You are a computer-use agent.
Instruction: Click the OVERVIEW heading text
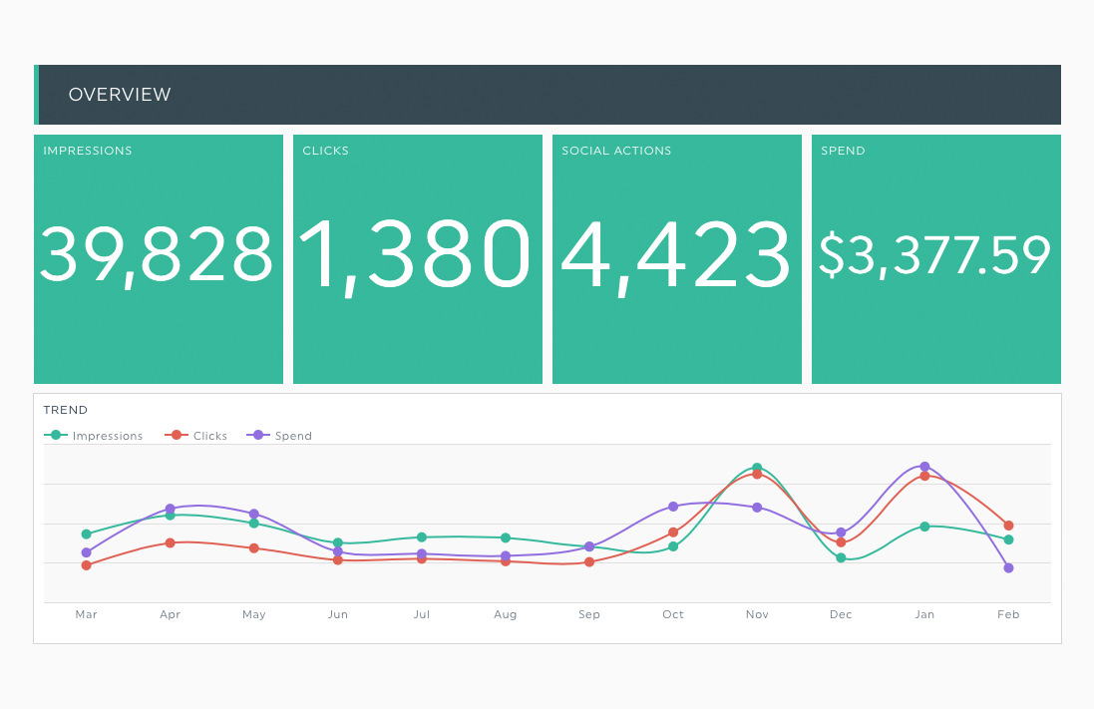(x=119, y=95)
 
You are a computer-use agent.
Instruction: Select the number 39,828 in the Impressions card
(x=157, y=254)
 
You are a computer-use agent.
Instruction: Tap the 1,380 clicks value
(x=415, y=255)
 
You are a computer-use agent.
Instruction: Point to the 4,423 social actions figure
(x=675, y=255)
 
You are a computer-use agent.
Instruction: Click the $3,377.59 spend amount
(x=934, y=255)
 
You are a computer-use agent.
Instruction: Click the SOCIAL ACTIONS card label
(x=616, y=152)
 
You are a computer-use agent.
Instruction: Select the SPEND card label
(x=843, y=152)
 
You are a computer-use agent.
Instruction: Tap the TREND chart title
(x=66, y=410)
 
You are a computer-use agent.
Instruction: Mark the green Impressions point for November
(x=757, y=468)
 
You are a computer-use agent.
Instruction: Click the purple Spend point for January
(x=924, y=467)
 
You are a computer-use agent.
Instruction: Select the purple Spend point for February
(x=1008, y=567)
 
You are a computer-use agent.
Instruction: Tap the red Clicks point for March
(x=87, y=565)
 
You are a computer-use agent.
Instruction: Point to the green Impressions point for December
(x=841, y=557)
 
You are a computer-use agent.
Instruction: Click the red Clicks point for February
(x=1008, y=526)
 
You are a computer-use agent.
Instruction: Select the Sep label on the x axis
(x=589, y=614)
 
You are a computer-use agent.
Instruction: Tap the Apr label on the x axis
(x=171, y=614)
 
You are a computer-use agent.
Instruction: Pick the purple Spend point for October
(x=673, y=507)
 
